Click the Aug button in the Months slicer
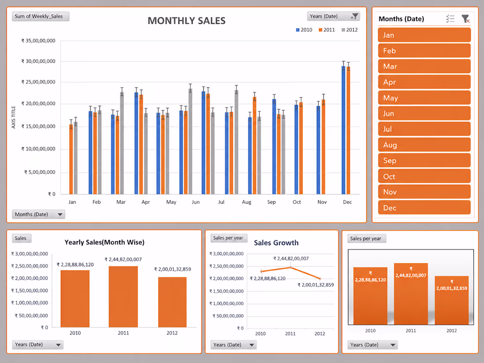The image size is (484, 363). coord(424,145)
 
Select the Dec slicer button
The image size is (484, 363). coord(424,207)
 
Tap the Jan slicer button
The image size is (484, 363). coord(424,35)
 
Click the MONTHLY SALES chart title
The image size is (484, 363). coord(187,21)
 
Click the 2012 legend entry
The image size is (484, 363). coord(349,30)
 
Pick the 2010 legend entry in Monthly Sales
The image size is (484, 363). coord(304,30)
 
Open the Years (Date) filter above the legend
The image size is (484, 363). coord(334,16)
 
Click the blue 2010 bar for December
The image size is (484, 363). coord(344,130)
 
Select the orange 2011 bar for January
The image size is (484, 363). coord(71,159)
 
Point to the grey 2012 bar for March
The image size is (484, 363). coord(122,143)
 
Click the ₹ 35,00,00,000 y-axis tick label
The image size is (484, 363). coord(38,40)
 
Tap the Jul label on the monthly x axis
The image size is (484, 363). coord(221,202)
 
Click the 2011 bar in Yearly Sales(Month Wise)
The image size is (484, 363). coord(123,297)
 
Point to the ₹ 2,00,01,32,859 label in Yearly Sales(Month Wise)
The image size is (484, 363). coord(172,269)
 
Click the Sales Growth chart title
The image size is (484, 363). coord(276,242)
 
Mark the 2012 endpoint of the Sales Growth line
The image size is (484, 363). coord(320,279)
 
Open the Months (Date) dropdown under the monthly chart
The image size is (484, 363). coord(39,214)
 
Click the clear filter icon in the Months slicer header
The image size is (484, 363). coord(466,19)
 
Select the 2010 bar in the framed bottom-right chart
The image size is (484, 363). coord(370,296)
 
